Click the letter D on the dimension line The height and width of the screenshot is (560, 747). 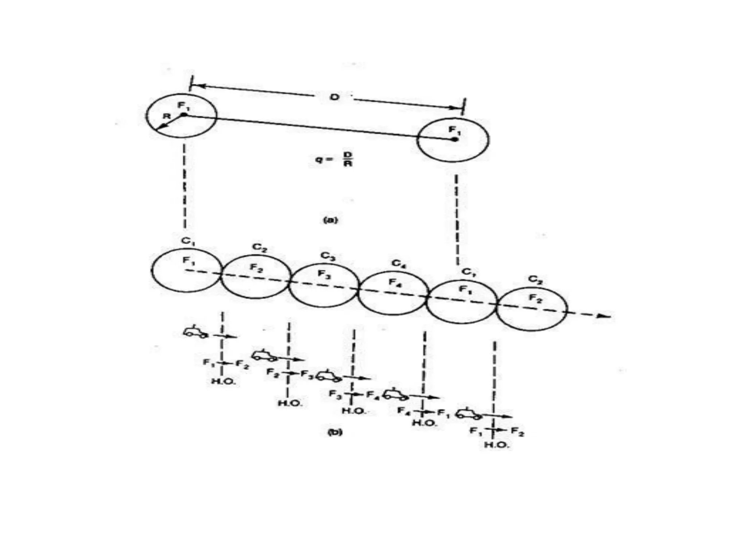coord(334,97)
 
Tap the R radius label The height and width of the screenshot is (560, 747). coord(167,116)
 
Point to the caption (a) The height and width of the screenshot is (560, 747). coord(331,220)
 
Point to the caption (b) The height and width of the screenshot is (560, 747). coord(334,432)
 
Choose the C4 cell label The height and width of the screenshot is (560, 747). coord(399,263)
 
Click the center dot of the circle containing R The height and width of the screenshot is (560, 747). coord(184,115)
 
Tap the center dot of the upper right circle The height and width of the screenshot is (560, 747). coord(454,139)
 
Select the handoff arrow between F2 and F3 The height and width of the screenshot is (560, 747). coord(292,373)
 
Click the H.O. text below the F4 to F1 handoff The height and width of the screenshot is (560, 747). coord(424,423)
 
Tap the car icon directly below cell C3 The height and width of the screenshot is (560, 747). coord(328,376)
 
